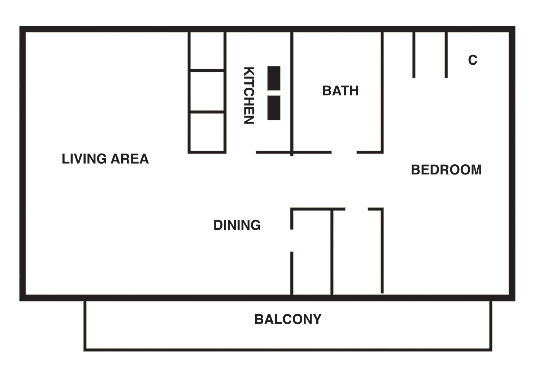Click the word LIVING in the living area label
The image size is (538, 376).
click(84, 159)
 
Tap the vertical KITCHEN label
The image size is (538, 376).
click(249, 95)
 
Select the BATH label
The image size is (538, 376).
click(340, 91)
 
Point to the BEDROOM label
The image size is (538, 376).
click(446, 170)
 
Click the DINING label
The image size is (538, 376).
click(237, 225)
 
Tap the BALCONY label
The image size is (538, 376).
click(288, 319)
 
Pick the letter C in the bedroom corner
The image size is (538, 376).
click(472, 60)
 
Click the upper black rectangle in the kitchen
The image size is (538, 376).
click(274, 78)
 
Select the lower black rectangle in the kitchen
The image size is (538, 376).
click(274, 108)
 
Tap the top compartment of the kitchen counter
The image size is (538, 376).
click(207, 51)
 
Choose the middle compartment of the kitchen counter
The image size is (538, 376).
click(207, 91)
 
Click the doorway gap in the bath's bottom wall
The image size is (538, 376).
click(344, 152)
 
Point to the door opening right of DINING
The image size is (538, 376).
click(292, 241)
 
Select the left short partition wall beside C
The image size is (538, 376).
click(414, 55)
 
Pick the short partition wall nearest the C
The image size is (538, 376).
click(446, 55)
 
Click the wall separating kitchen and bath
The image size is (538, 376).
click(292, 90)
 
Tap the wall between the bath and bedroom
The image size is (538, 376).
click(382, 90)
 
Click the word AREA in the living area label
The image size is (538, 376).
click(130, 159)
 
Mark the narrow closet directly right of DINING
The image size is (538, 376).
click(312, 253)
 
